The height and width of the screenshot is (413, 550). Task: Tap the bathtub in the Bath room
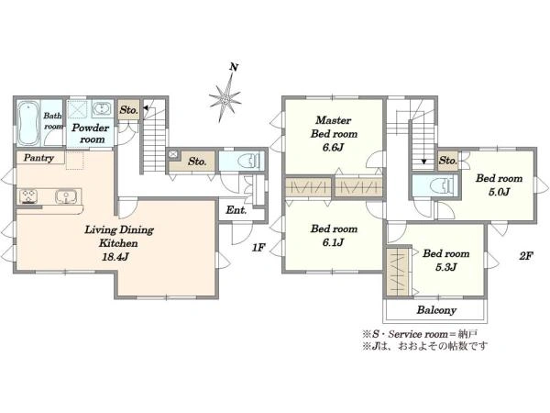[28, 123]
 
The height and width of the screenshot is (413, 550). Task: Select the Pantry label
[38, 158]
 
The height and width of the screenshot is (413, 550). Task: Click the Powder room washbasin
[102, 108]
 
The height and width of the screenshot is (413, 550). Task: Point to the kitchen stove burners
[28, 196]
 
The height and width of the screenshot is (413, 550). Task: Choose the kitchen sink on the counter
[64, 196]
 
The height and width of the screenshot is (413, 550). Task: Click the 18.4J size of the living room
[115, 257]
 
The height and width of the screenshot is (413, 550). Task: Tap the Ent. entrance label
[236, 210]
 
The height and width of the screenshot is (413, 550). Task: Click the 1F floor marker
[258, 248]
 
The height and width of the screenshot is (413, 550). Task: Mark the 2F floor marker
[526, 256]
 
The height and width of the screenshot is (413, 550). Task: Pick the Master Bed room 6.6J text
[334, 134]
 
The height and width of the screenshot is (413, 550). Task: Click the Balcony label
[436, 310]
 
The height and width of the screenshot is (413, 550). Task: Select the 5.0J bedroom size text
[499, 192]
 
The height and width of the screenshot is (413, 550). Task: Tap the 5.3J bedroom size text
[445, 267]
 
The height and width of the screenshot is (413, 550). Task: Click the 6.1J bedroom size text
[334, 242]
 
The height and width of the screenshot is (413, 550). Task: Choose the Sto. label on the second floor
[448, 161]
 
